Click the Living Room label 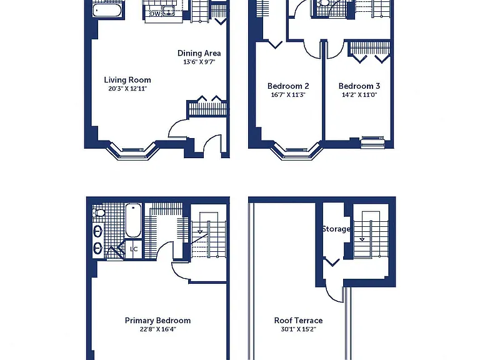pyautogui.click(x=127, y=80)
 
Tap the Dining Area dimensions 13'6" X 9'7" pyautogui.click(x=199, y=62)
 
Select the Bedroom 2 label pyautogui.click(x=288, y=86)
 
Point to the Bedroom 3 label pyautogui.click(x=359, y=86)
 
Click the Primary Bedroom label pyautogui.click(x=157, y=321)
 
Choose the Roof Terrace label pyautogui.click(x=299, y=321)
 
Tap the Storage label pyautogui.click(x=336, y=229)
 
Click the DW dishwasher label pyautogui.click(x=155, y=14)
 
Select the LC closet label pyautogui.click(x=134, y=249)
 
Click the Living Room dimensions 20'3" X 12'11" pyautogui.click(x=127, y=89)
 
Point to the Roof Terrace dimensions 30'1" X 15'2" pyautogui.click(x=299, y=329)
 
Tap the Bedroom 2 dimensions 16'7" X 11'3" pyautogui.click(x=288, y=95)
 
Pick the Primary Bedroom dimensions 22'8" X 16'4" pyautogui.click(x=157, y=329)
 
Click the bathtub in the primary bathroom pyautogui.click(x=134, y=220)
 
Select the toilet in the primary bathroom pyautogui.click(x=99, y=212)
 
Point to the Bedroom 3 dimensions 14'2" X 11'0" pyautogui.click(x=359, y=95)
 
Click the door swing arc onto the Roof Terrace pyautogui.click(x=331, y=294)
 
